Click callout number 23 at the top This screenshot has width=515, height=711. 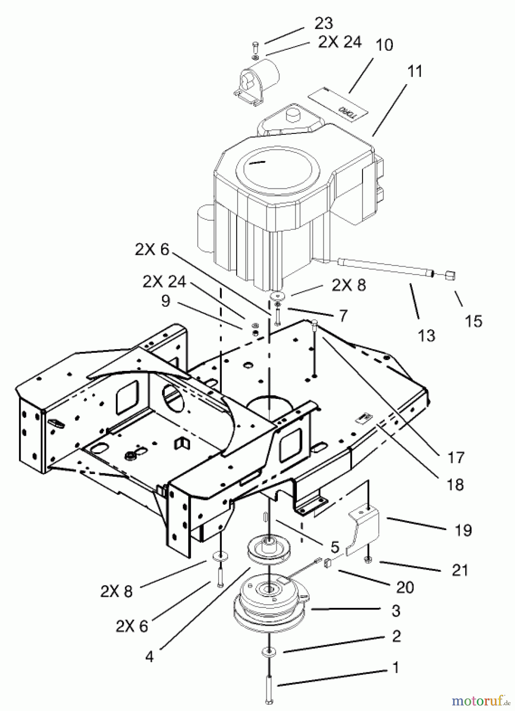324,23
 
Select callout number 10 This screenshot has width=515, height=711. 384,45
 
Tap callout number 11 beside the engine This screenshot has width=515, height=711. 414,71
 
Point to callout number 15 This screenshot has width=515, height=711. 473,321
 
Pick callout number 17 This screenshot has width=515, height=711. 455,457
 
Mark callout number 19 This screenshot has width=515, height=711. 463,530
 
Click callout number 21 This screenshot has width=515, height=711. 460,570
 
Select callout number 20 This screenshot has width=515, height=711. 405,587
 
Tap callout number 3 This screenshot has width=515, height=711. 396,611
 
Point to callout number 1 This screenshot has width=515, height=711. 395,668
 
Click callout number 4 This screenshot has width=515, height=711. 149,657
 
